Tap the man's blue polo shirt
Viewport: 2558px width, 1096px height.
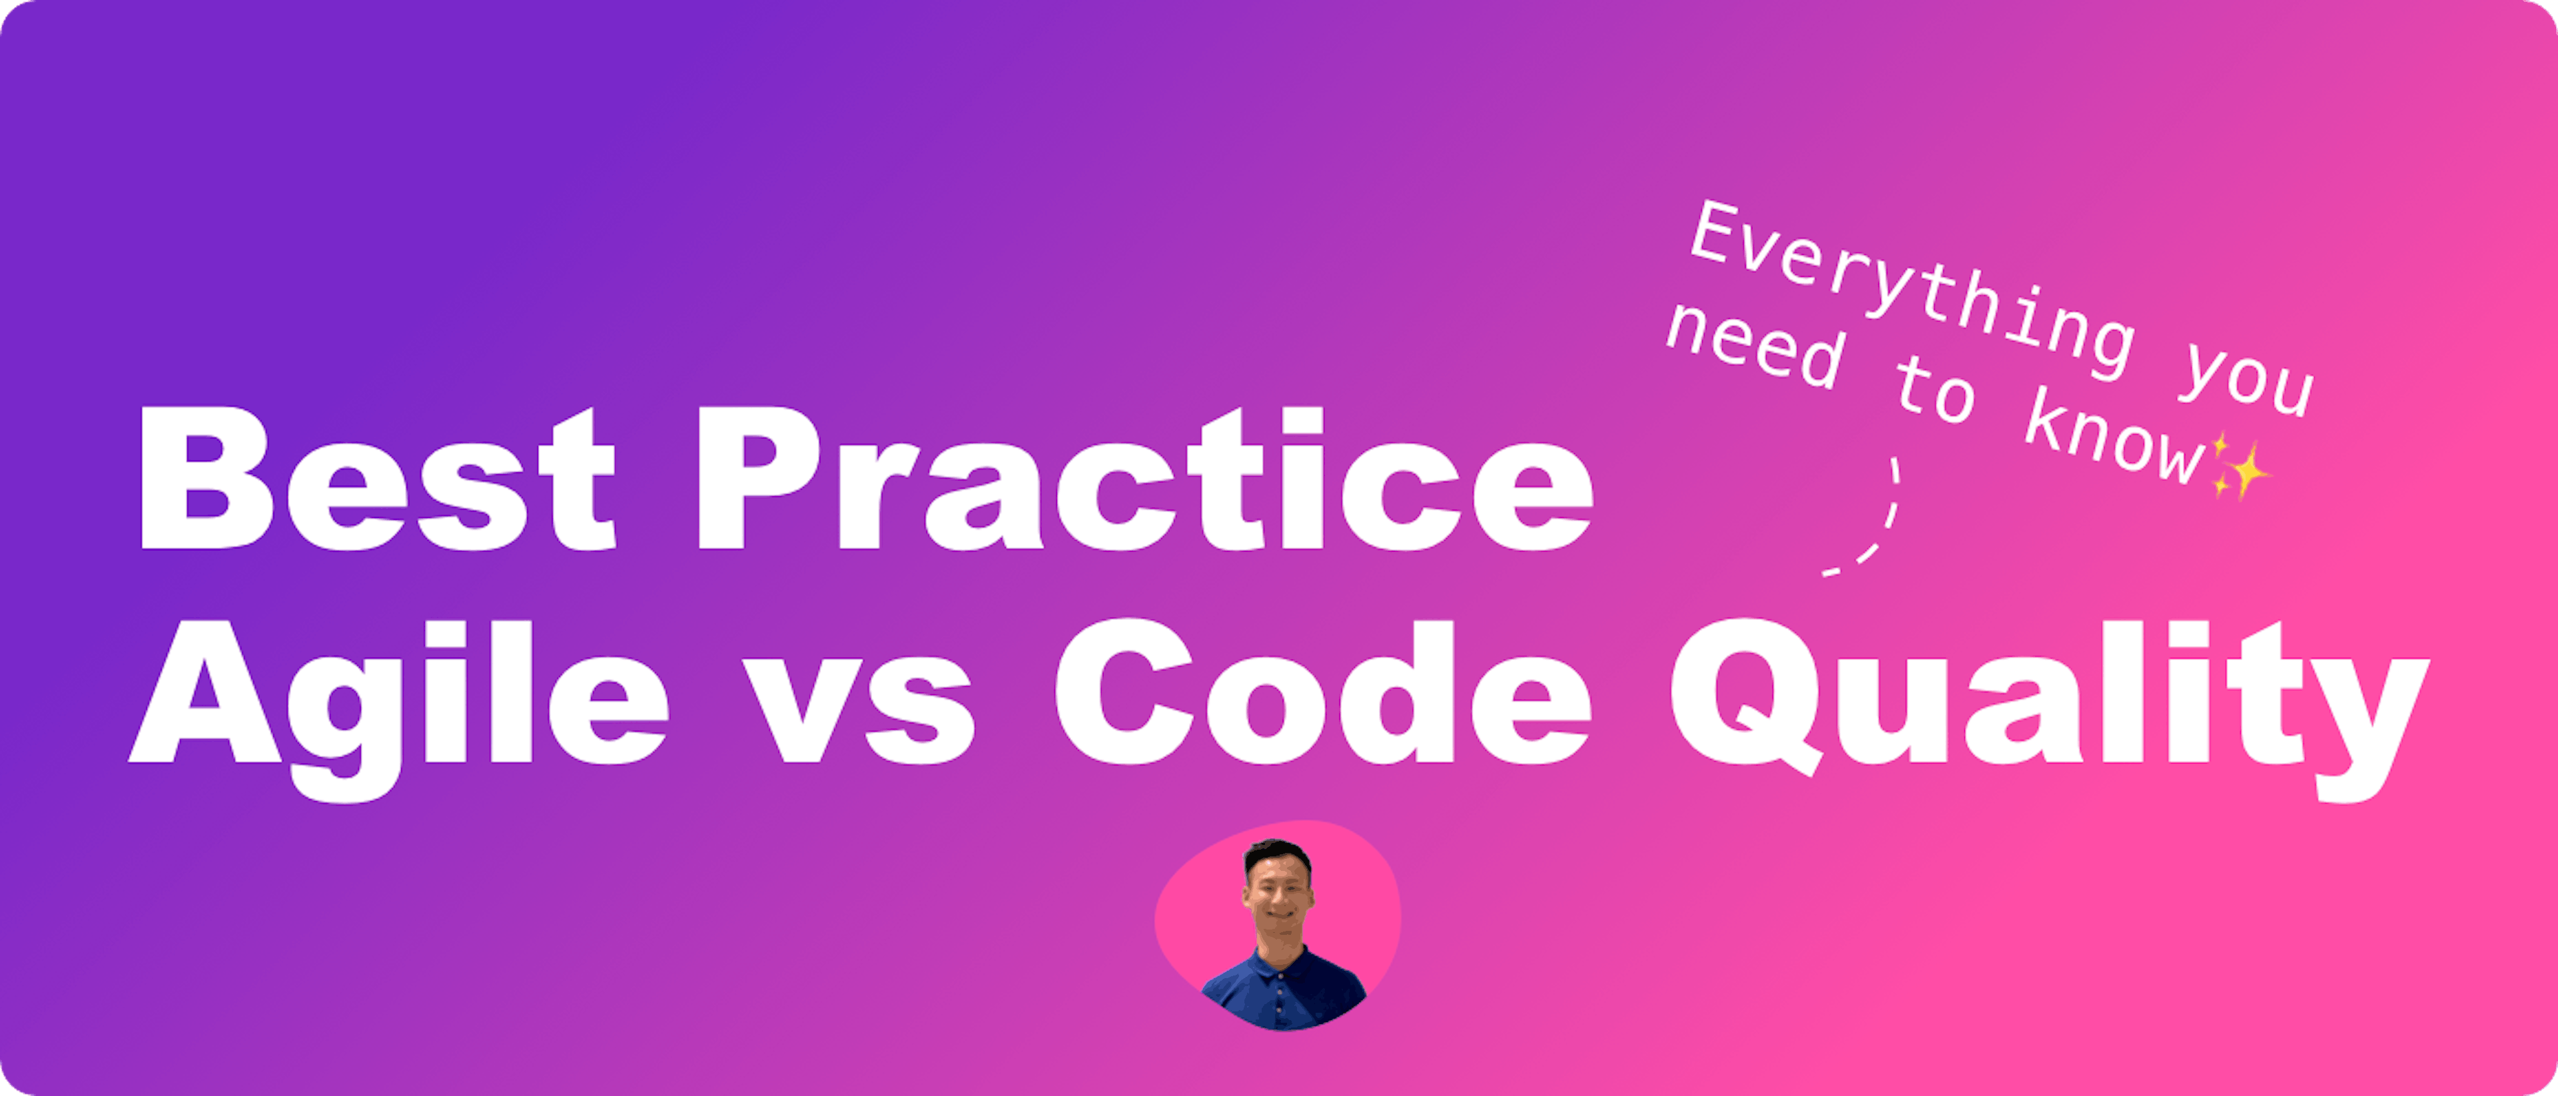pos(1281,987)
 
